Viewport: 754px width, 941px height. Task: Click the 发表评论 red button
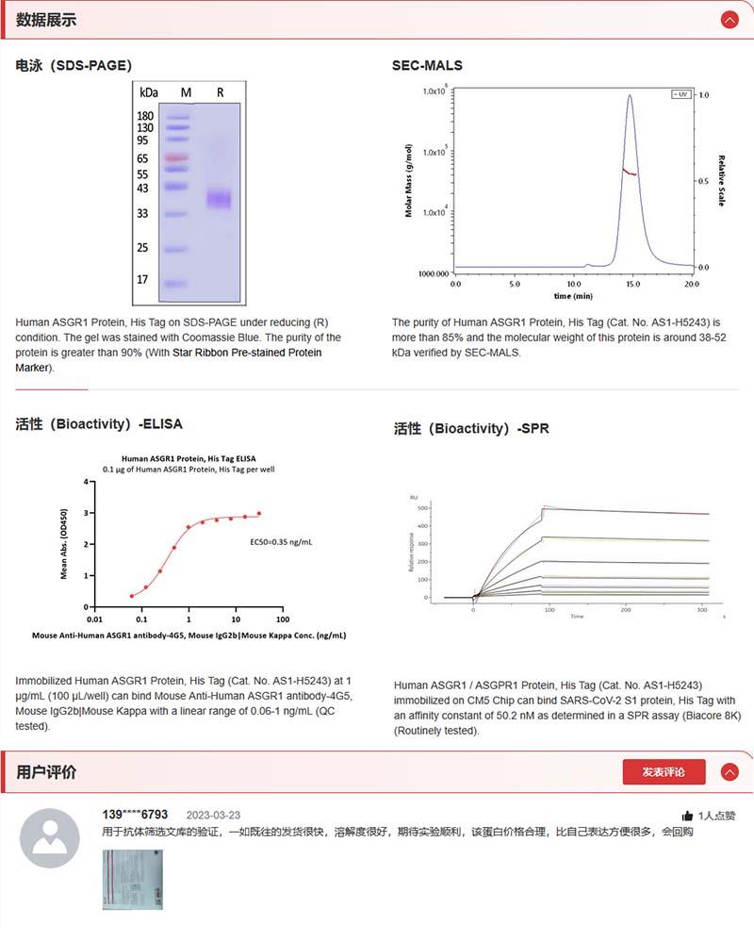pos(664,772)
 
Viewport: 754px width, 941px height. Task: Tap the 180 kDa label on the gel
pos(145,116)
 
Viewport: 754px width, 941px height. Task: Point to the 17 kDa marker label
pos(142,280)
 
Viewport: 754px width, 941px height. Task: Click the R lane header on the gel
pos(220,92)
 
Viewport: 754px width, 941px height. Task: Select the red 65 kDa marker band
pos(176,158)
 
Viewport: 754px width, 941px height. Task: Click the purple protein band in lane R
pos(219,199)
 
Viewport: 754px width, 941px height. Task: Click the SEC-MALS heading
pos(427,65)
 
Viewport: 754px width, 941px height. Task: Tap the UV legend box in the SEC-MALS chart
pos(680,94)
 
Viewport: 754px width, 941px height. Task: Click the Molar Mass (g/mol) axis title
pos(409,180)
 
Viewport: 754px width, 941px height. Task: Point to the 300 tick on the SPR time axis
pos(702,610)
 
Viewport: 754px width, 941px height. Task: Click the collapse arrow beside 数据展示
pos(729,19)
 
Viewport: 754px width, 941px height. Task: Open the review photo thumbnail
pos(132,879)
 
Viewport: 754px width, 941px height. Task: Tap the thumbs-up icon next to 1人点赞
pos(687,816)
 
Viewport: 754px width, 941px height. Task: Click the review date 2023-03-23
pos(213,815)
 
